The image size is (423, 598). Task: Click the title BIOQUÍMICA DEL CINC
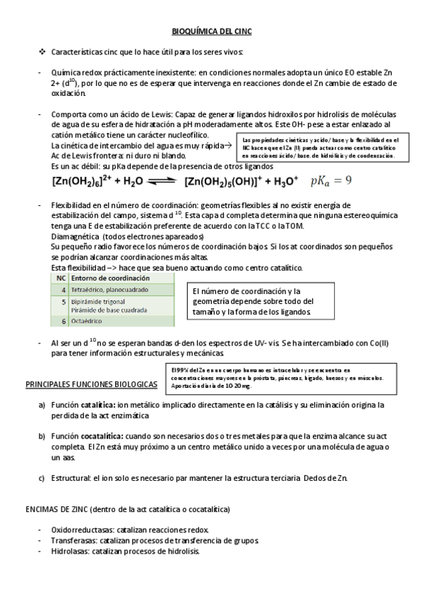212,32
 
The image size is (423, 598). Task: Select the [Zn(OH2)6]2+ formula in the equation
82,181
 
